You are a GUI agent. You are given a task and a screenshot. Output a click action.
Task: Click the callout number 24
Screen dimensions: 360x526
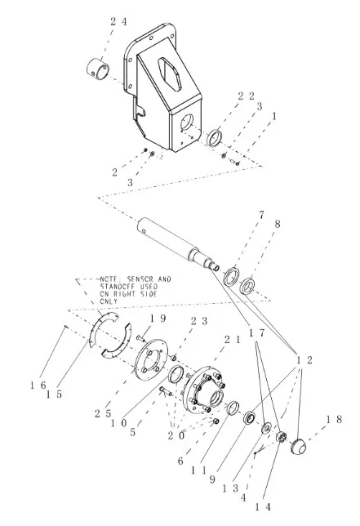[118, 22]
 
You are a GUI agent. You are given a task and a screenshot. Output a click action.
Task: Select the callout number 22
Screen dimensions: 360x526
[246, 96]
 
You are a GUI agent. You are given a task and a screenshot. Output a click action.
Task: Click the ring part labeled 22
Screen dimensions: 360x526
[215, 138]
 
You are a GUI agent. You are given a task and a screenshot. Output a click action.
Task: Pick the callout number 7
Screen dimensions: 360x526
[261, 215]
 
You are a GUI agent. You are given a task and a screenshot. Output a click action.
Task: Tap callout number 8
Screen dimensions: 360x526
[277, 224]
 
